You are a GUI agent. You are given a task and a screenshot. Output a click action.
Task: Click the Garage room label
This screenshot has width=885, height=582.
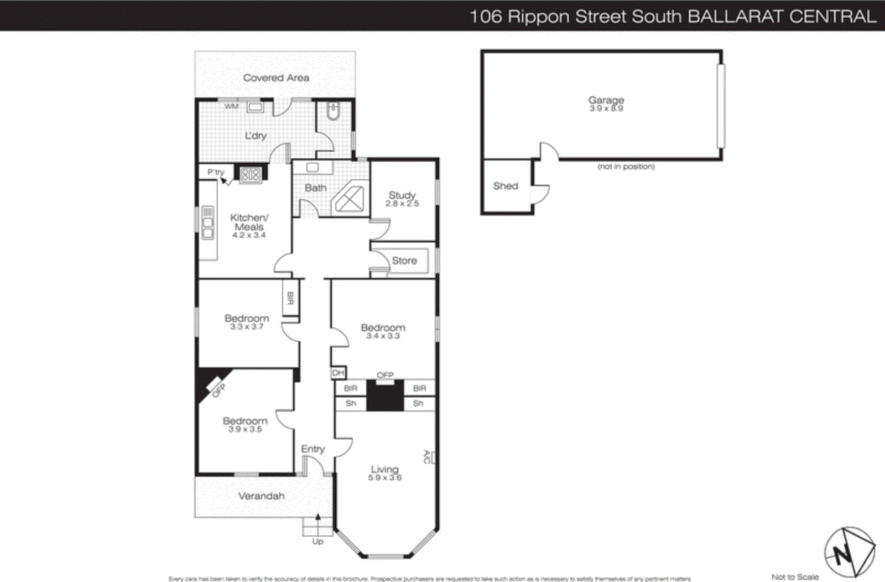(x=606, y=100)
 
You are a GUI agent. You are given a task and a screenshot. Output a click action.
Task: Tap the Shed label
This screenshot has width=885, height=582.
(x=506, y=186)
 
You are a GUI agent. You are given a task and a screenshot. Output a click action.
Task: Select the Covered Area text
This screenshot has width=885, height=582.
(x=276, y=78)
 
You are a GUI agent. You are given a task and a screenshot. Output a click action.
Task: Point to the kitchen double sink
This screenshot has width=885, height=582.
(x=207, y=222)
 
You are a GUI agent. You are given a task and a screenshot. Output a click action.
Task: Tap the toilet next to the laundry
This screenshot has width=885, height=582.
(x=333, y=112)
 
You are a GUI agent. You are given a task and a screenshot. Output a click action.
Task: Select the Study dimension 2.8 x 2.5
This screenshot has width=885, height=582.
(x=402, y=204)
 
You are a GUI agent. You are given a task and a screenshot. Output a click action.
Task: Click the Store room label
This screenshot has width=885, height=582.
(x=404, y=261)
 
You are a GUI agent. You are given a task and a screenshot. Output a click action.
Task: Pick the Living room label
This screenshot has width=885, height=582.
(x=384, y=469)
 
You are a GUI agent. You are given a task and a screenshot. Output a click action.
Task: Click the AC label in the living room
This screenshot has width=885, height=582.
(x=426, y=457)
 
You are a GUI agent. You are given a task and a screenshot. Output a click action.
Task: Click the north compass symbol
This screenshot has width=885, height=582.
(x=849, y=552)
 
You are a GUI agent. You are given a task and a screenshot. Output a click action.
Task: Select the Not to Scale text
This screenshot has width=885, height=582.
(x=795, y=576)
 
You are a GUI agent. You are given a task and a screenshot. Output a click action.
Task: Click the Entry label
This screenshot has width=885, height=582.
(x=313, y=449)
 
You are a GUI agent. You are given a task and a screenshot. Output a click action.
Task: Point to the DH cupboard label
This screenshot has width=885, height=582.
(x=338, y=373)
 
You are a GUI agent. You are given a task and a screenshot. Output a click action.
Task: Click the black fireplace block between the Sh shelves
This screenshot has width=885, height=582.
(x=385, y=397)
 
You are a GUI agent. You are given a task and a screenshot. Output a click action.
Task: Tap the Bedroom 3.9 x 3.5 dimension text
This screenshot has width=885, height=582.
(x=245, y=429)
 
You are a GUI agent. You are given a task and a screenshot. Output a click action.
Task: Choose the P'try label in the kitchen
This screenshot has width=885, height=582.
(x=216, y=172)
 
